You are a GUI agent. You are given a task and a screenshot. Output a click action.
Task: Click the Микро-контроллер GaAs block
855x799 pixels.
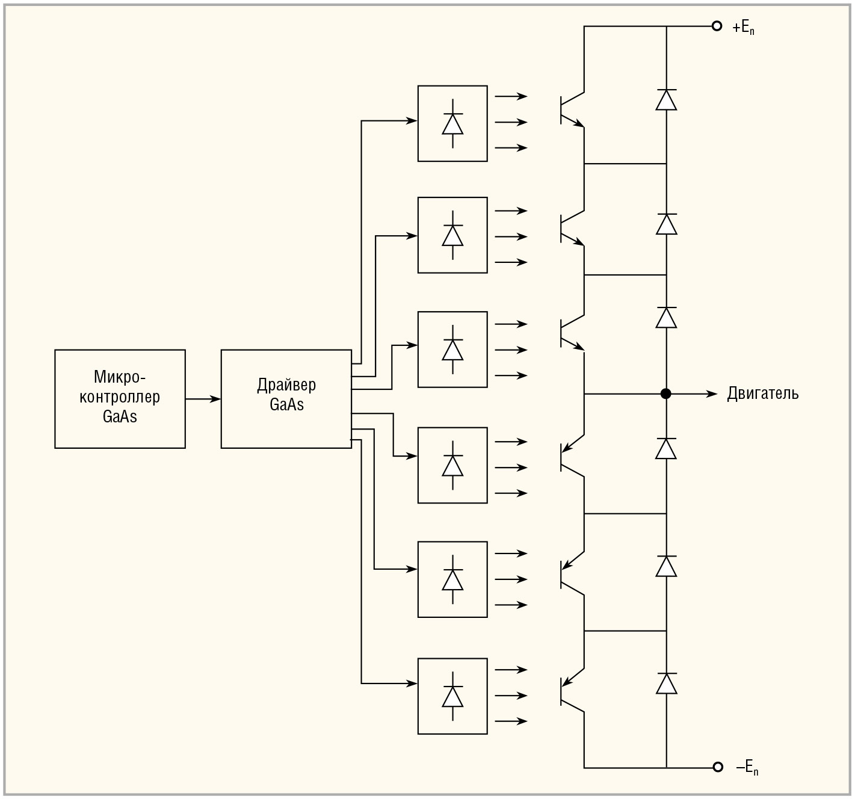coord(120,398)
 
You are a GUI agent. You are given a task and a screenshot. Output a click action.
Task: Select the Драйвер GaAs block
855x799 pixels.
coord(286,398)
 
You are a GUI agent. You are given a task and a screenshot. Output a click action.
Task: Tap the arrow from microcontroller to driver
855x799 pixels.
coord(203,398)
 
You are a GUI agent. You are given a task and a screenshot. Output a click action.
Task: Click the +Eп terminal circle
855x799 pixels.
coord(717,26)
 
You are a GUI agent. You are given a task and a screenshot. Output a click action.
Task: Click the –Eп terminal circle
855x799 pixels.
coord(717,767)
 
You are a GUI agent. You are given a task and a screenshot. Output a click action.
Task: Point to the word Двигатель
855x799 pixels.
coord(762,393)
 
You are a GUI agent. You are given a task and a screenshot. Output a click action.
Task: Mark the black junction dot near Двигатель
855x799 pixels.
coord(665,393)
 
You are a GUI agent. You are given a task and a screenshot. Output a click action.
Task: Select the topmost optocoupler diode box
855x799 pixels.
coord(452,123)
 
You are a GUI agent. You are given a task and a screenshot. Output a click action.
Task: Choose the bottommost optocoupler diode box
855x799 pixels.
coord(452,696)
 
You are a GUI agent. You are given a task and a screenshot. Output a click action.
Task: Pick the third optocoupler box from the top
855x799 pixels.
coord(452,350)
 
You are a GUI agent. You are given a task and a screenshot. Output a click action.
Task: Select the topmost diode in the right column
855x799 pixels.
coord(666,99)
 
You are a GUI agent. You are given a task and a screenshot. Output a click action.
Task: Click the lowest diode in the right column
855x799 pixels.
coord(666,683)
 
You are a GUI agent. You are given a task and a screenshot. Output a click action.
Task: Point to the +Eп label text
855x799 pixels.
coord(744,27)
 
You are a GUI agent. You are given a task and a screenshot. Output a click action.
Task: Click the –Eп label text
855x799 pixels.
coord(747,768)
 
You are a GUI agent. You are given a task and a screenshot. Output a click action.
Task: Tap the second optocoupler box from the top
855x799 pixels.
coord(452,235)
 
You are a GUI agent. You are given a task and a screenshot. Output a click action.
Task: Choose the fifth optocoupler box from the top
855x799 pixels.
coord(452,579)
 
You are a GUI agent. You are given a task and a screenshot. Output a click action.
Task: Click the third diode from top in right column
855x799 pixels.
coord(666,317)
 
